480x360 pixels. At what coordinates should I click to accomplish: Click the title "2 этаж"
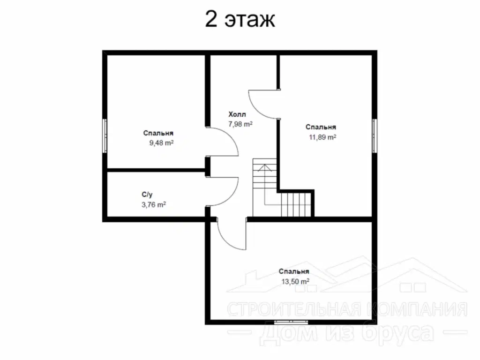[240, 19]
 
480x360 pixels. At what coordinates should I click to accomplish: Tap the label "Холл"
[237, 114]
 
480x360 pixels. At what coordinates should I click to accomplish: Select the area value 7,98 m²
[240, 124]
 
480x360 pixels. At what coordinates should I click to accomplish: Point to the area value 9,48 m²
[161, 143]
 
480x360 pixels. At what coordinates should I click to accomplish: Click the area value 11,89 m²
[322, 137]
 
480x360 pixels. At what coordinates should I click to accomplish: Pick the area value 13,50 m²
[295, 281]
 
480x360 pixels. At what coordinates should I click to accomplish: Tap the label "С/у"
[147, 195]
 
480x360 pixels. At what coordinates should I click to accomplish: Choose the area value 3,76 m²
[154, 204]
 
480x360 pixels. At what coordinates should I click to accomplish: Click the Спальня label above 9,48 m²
[158, 133]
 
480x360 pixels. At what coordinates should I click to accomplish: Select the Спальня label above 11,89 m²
[321, 127]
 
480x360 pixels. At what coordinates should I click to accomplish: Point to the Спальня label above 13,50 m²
[294, 271]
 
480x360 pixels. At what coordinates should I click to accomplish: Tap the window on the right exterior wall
[375, 135]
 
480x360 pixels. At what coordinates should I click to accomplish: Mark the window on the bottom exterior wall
[291, 322]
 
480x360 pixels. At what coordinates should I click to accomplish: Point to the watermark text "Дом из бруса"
[348, 332]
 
